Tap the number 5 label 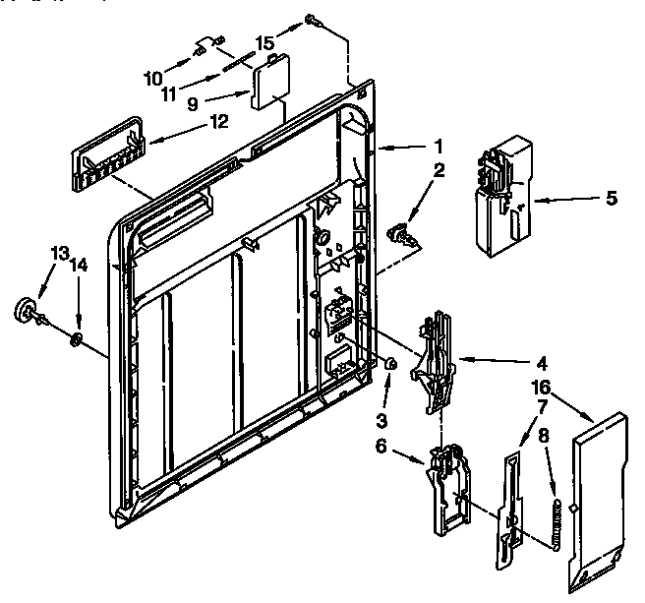(611, 199)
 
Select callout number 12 (217, 121)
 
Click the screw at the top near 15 (313, 18)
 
